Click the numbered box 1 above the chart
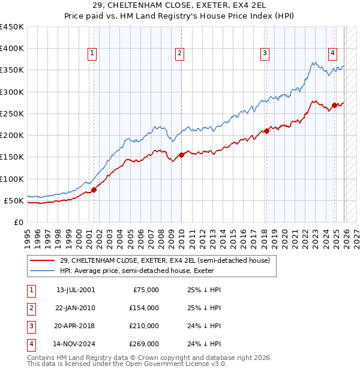coord(92,53)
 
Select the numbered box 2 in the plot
coord(179,53)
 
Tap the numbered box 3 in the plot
coord(265,53)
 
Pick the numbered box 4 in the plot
coord(332,53)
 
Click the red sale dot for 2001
coord(94,190)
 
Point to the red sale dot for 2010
coord(181,155)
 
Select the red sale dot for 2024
coord(334,106)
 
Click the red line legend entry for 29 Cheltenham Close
coord(165,260)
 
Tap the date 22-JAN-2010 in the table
coord(76,308)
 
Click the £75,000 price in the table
coord(144,290)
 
